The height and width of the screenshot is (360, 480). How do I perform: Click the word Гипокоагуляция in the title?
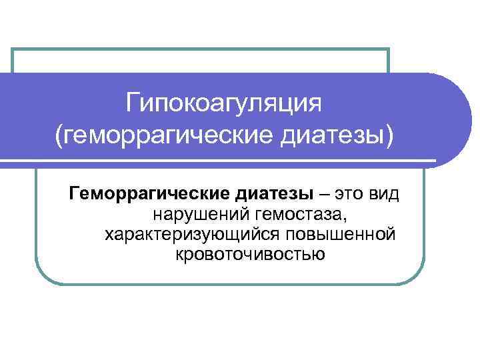[x=225, y=104]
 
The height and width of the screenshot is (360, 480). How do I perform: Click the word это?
[x=350, y=195]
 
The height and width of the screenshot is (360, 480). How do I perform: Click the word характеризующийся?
[x=192, y=235]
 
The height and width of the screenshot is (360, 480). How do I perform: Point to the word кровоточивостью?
[x=250, y=255]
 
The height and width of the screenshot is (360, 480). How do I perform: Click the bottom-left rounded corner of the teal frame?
[x=41, y=279]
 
